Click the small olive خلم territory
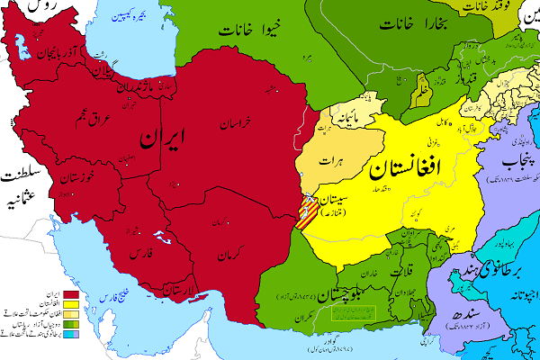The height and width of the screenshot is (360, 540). point(423,92)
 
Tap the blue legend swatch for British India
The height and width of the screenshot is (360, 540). point(67,334)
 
